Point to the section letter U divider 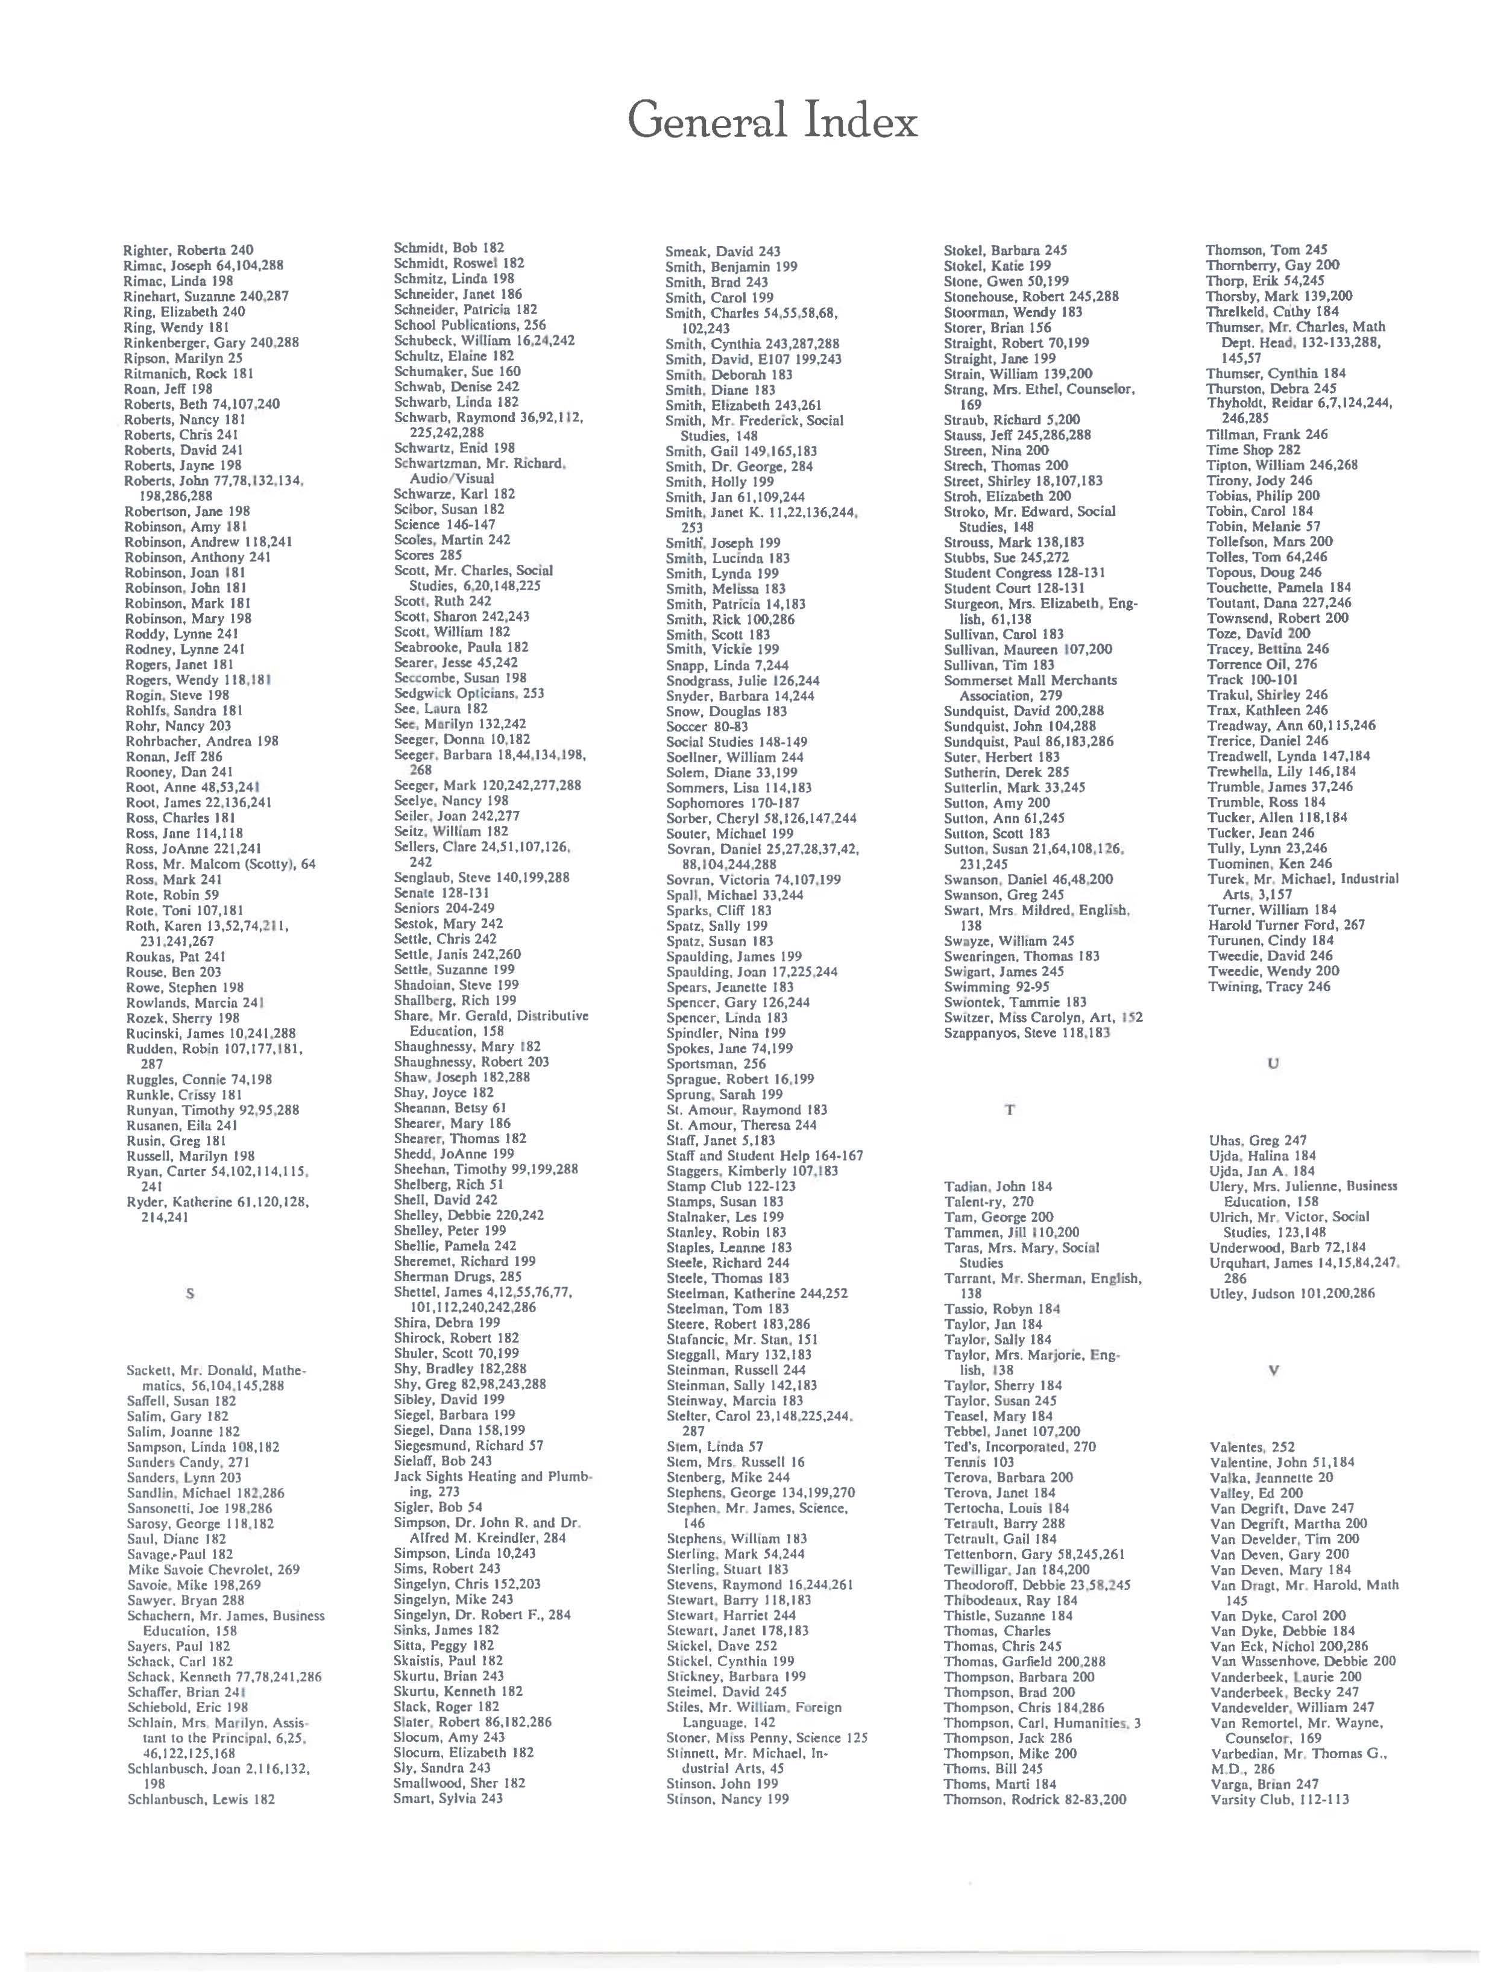1273,1063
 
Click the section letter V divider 1273,1370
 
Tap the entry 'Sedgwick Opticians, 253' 469,693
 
